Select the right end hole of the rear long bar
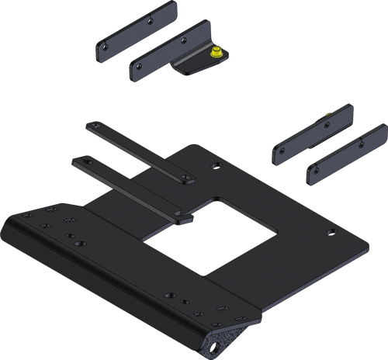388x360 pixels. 185,178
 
